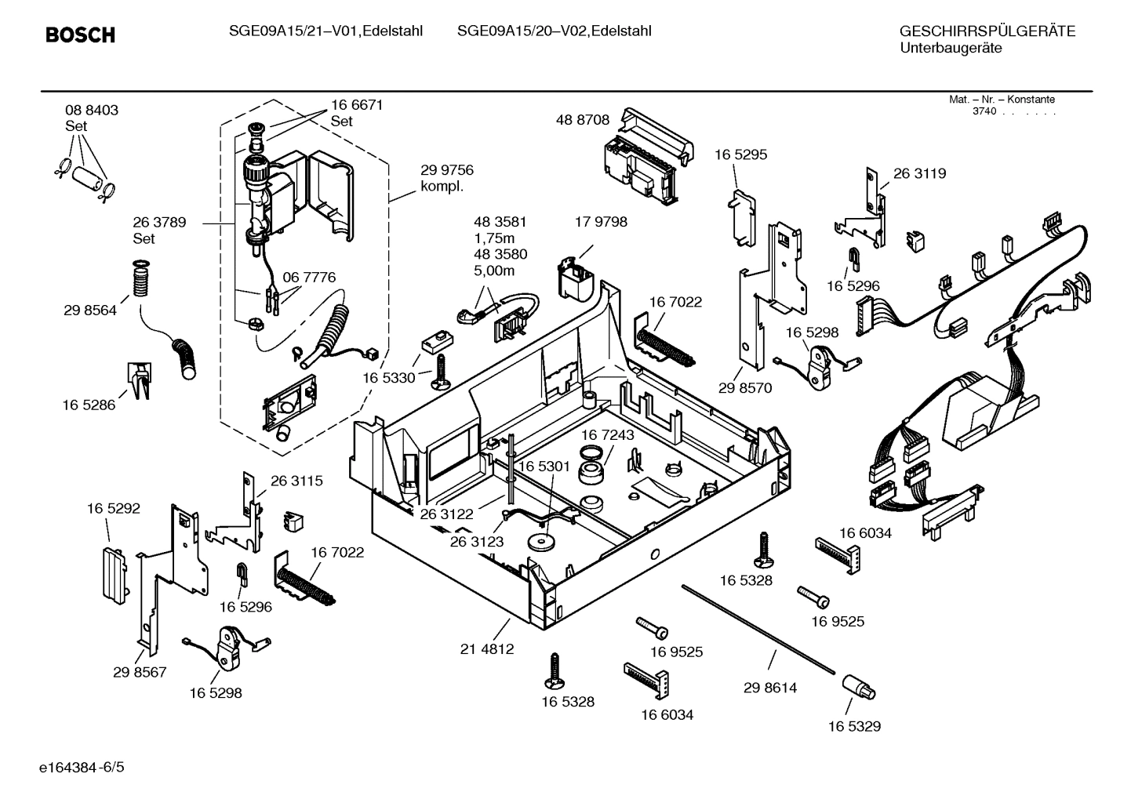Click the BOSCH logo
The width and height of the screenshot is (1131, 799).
pyautogui.click(x=80, y=35)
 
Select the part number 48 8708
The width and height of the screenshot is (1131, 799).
pyautogui.click(x=582, y=120)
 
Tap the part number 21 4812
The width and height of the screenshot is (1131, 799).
pyautogui.click(x=486, y=649)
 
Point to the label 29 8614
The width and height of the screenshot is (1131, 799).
pyautogui.click(x=769, y=688)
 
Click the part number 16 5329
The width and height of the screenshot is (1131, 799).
pyautogui.click(x=854, y=726)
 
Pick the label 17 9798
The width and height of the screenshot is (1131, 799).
pyautogui.click(x=601, y=222)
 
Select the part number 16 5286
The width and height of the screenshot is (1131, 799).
pyautogui.click(x=89, y=405)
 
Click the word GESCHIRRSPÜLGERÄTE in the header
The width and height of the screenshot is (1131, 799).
pyautogui.click(x=987, y=31)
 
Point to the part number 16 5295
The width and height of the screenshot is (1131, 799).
pyautogui.click(x=740, y=154)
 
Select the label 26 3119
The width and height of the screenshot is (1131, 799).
pyautogui.click(x=919, y=173)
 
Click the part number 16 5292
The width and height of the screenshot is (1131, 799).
pyautogui.click(x=113, y=508)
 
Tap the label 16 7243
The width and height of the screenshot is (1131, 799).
pyautogui.click(x=607, y=434)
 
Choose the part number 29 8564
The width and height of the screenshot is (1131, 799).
pyautogui.click(x=90, y=310)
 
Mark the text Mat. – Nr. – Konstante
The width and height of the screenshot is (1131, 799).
pyautogui.click(x=1002, y=100)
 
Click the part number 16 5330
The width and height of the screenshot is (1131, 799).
pyautogui.click(x=388, y=378)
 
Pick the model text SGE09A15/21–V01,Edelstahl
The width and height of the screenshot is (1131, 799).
pyautogui.click(x=325, y=31)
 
